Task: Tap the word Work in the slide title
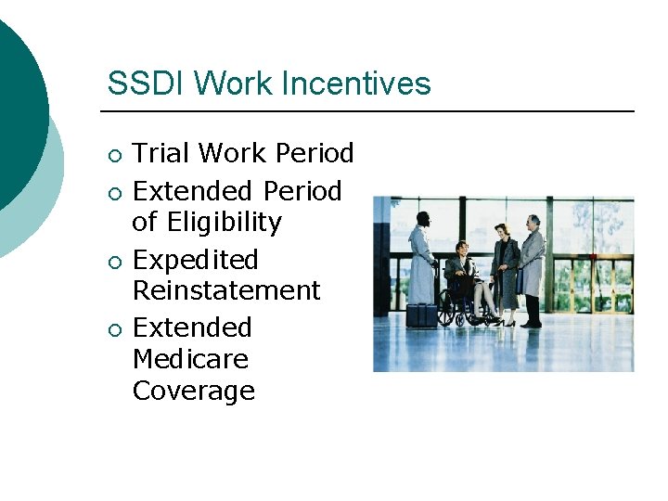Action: click(226, 83)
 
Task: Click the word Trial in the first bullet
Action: click(161, 153)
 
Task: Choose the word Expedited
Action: click(195, 260)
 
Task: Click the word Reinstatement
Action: click(226, 290)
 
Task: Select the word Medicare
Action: click(190, 359)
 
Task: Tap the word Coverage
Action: click(193, 391)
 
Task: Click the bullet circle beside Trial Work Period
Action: click(113, 155)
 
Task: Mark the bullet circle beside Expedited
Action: click(113, 262)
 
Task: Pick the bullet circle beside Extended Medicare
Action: click(113, 329)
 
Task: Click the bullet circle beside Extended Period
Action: click(113, 193)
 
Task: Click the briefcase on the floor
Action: click(420, 315)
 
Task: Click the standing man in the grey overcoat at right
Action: click(532, 269)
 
